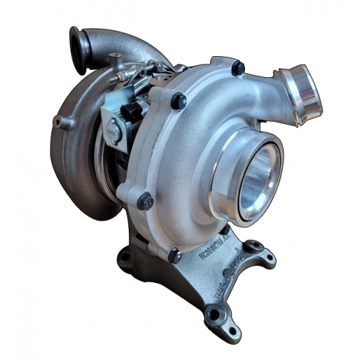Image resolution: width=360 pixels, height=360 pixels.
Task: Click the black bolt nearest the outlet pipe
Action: point(238,69)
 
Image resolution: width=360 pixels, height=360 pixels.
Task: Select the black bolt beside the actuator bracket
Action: point(178,102)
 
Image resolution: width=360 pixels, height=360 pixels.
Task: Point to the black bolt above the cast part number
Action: point(174,255)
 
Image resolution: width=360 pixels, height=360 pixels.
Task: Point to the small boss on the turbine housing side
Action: point(63,123)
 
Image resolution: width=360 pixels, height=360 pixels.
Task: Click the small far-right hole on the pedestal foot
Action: point(269,258)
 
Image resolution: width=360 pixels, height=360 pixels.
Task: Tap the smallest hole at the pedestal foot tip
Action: point(232,330)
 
